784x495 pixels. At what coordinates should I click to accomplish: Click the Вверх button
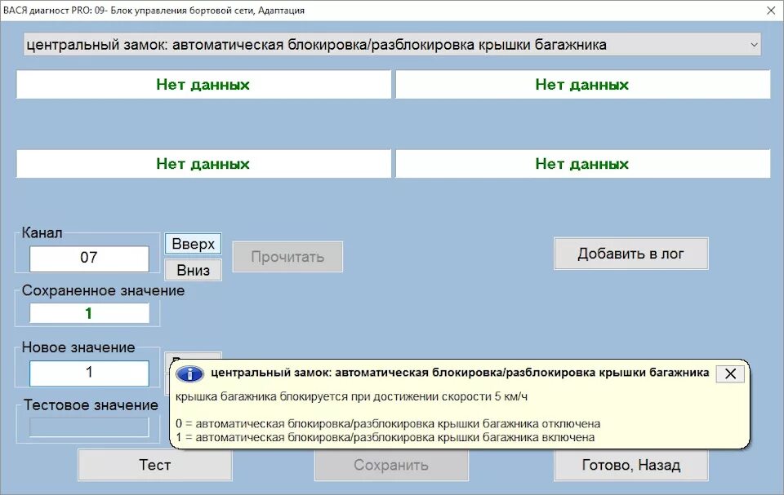194,244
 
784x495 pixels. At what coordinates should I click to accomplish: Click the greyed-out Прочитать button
287,257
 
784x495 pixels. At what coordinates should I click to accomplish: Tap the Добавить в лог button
630,254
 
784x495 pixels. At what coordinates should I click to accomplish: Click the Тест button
155,465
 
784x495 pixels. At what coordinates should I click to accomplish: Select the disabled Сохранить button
391,465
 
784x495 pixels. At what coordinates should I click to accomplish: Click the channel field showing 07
89,259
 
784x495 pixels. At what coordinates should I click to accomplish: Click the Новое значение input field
89,373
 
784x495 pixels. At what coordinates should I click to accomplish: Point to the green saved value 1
89,313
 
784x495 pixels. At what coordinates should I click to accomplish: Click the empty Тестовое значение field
89,426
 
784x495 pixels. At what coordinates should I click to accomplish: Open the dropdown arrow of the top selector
754,45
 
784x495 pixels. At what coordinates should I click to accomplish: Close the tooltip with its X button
730,373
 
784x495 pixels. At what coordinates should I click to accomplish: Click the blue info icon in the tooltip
190,373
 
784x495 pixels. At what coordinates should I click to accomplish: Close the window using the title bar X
771,11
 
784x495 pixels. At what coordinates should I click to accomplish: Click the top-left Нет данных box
203,85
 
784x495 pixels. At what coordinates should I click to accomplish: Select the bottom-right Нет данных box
581,164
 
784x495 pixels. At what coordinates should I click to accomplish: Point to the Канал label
42,233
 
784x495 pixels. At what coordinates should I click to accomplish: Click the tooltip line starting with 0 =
388,424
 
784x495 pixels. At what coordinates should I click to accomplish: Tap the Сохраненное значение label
103,290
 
